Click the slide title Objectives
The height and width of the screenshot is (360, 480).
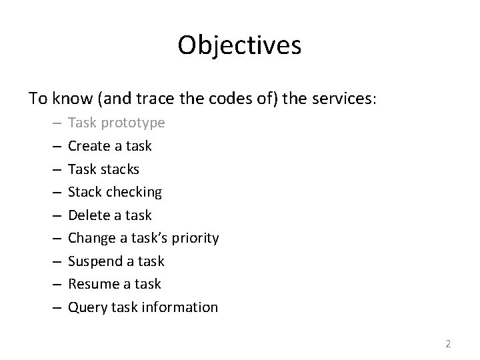(x=240, y=45)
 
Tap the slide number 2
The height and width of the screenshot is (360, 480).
(x=448, y=344)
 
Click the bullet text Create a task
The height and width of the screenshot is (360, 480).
(x=110, y=146)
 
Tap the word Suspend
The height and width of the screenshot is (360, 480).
(x=93, y=261)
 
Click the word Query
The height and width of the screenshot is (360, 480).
(x=85, y=307)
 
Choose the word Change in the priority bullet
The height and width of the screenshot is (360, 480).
(x=91, y=238)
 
